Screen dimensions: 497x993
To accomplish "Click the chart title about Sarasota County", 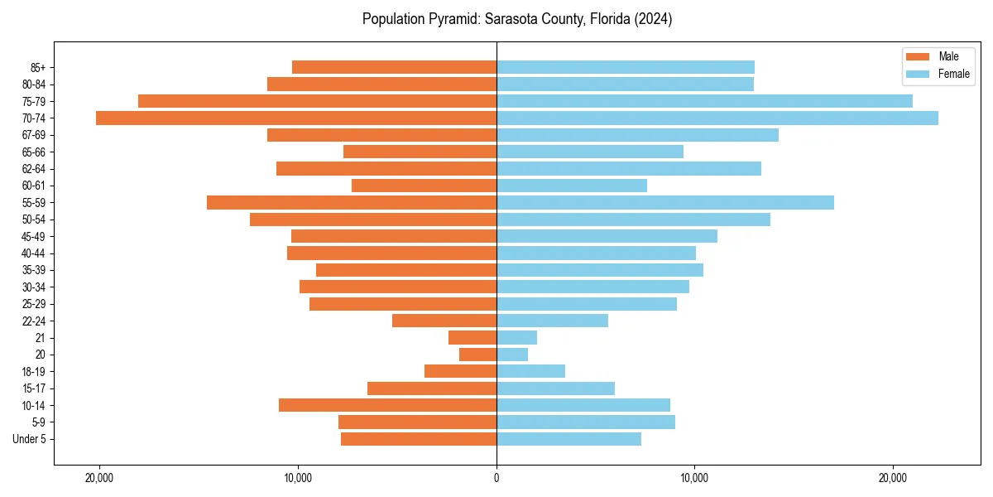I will click(x=516, y=19).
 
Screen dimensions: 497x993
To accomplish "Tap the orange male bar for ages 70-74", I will click(x=296, y=118).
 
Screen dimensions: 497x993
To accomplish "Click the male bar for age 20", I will click(x=478, y=355).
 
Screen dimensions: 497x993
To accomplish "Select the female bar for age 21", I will click(x=516, y=337).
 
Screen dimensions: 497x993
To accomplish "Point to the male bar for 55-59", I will click(x=352, y=202).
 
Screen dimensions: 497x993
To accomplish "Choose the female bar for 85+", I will click(x=625, y=67).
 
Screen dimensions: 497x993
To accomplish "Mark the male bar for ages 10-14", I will click(x=387, y=405).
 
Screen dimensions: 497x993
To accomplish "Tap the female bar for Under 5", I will click(x=568, y=439).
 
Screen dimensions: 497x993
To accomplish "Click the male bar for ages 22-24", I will click(x=444, y=321).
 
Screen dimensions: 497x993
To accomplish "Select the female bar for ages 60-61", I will click(x=571, y=186).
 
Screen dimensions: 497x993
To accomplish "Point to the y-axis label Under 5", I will click(x=29, y=439).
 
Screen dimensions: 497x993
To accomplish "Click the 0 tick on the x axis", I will click(x=496, y=478).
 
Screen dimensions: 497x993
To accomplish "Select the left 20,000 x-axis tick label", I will click(x=99, y=478).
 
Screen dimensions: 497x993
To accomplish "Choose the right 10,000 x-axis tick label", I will click(x=693, y=478).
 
